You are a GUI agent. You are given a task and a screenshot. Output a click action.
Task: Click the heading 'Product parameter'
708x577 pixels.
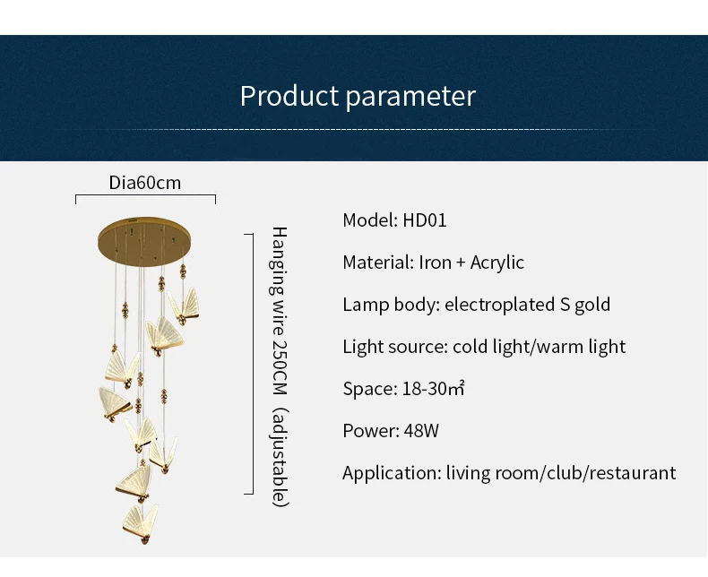(358, 96)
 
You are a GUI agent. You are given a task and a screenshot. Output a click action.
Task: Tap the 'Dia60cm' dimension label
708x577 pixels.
(145, 183)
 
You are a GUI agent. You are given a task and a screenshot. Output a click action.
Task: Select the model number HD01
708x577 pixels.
(425, 220)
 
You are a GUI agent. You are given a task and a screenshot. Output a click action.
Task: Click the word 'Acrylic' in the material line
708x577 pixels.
(497, 263)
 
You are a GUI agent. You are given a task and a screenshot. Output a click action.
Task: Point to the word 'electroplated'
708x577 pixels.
(499, 305)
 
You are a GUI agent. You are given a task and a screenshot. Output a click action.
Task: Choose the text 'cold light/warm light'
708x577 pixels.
(540, 347)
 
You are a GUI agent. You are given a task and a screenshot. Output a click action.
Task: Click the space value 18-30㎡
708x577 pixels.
(434, 389)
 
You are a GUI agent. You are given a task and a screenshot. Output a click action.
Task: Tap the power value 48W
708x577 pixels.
(421, 431)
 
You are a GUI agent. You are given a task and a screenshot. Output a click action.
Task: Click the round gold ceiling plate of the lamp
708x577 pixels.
(144, 242)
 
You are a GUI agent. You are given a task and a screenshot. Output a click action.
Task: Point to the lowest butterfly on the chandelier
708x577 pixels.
(141, 524)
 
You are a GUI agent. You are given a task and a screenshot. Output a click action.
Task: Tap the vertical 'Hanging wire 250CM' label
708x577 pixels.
(280, 311)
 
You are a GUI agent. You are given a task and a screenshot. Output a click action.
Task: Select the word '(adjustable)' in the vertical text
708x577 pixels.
(280, 457)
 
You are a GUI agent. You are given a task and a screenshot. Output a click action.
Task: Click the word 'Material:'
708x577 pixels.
(378, 263)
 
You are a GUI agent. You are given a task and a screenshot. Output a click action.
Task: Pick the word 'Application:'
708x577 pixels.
(392, 473)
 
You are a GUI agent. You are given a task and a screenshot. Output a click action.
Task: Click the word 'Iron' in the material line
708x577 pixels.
(436, 263)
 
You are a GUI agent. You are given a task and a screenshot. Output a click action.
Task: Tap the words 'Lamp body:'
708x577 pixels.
(391, 305)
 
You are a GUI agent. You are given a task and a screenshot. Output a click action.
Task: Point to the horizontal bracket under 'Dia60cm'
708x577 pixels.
(145, 195)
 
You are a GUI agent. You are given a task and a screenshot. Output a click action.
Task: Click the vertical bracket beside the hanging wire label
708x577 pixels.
(253, 364)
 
